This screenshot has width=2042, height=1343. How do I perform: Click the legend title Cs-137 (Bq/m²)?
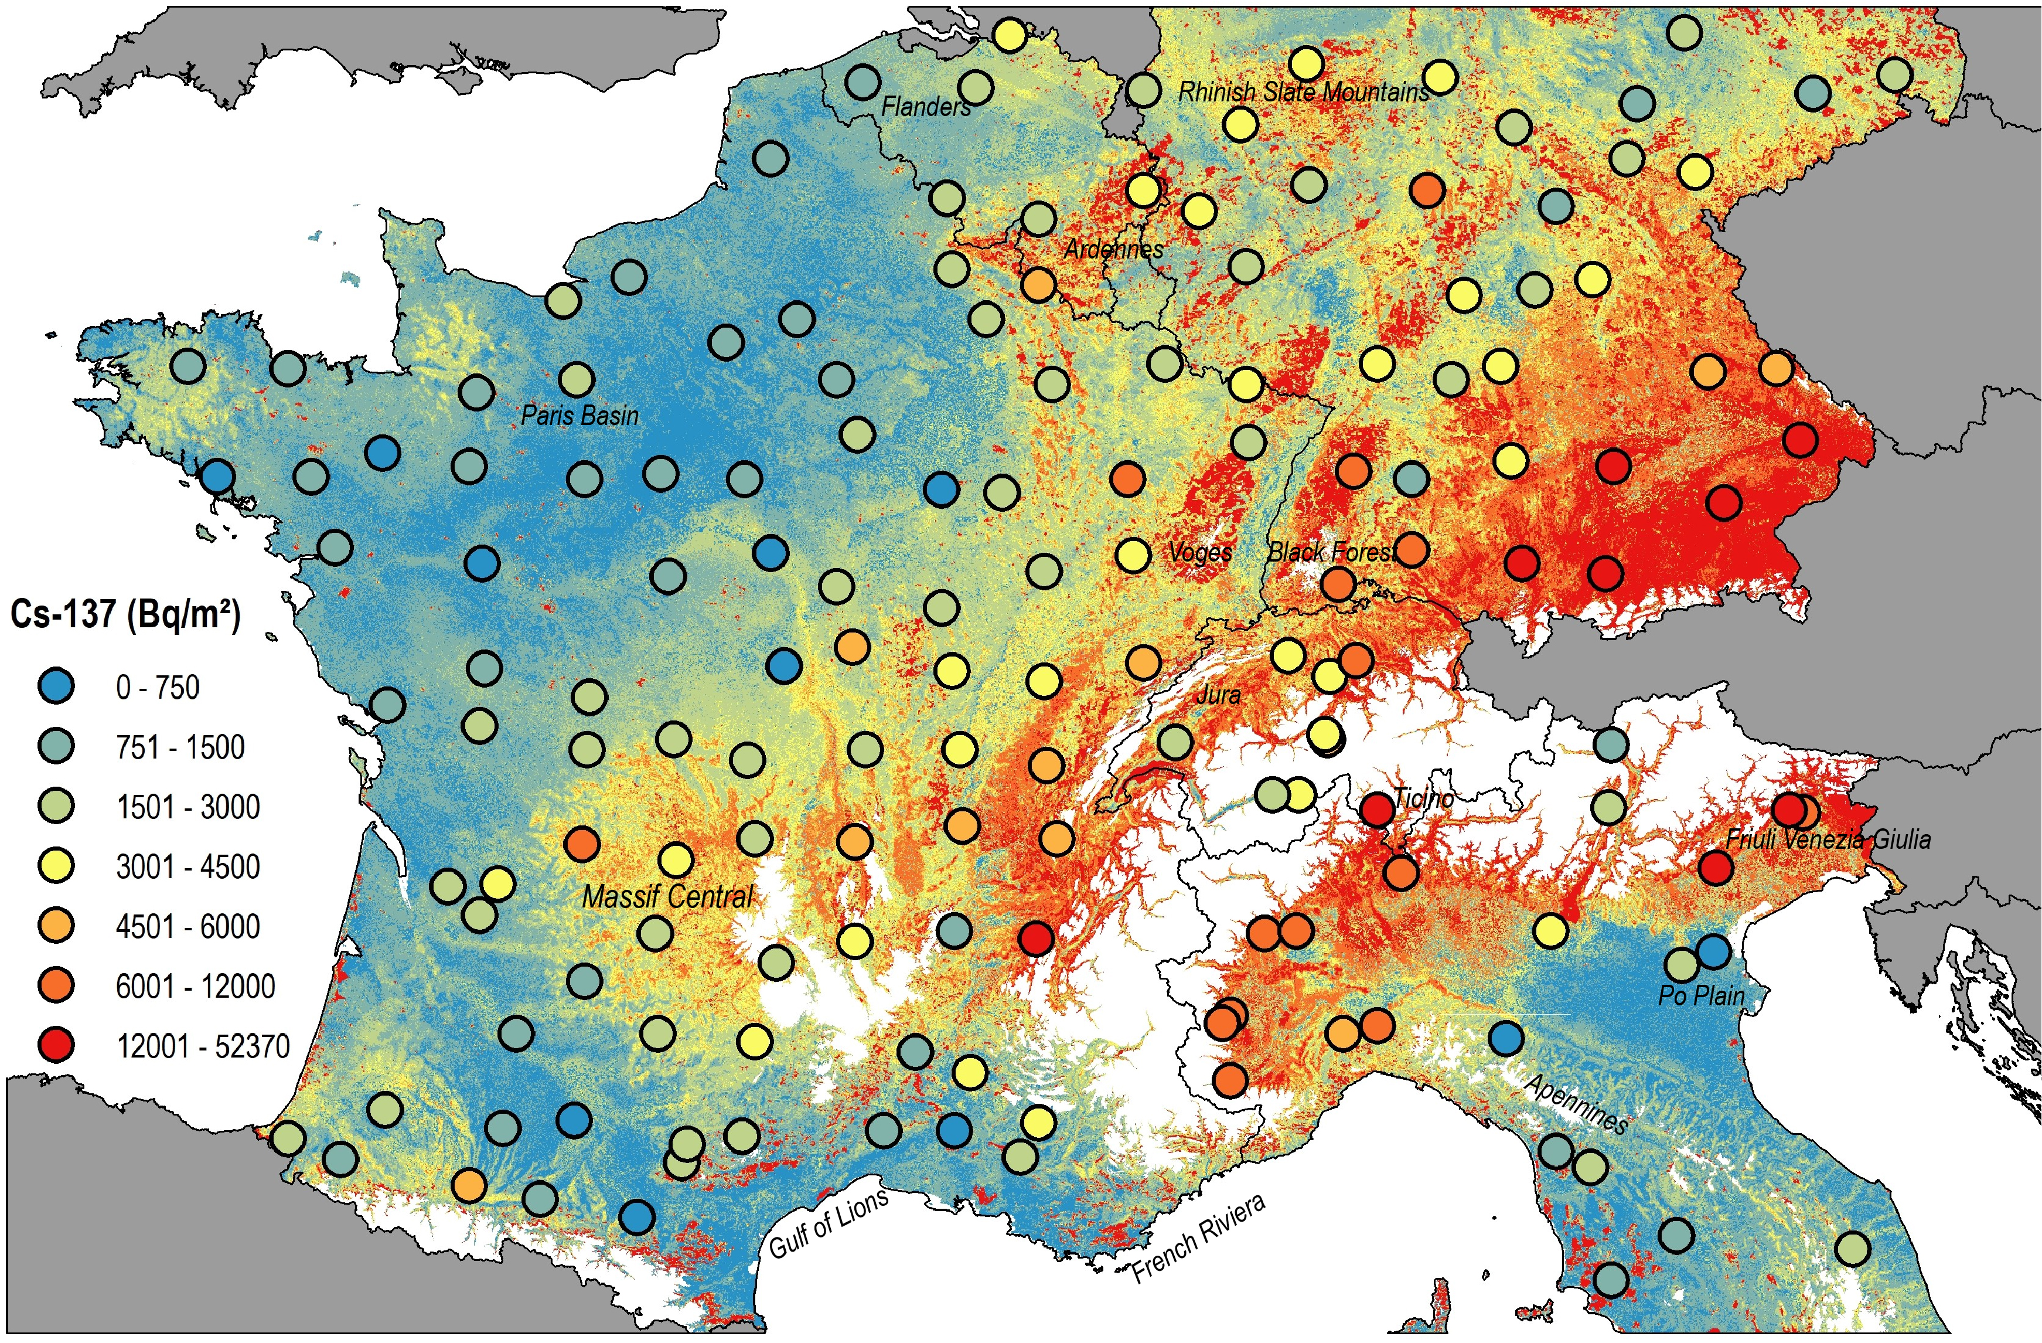125,614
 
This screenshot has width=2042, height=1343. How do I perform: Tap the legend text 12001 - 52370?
203,1046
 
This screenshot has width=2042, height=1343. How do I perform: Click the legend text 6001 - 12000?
195,986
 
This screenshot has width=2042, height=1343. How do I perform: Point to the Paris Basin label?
580,416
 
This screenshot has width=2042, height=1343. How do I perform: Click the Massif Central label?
667,897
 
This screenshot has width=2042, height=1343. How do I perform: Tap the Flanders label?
926,107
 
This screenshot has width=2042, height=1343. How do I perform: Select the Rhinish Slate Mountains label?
1303,92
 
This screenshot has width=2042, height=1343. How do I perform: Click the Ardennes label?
1114,250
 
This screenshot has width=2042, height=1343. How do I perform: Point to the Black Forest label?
1332,552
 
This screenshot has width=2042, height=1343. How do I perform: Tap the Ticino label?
1423,798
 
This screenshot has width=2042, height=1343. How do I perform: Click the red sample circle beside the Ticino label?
1377,809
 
